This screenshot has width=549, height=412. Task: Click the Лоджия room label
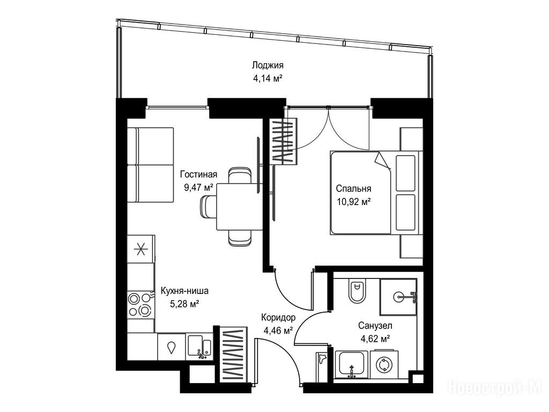tap(268, 65)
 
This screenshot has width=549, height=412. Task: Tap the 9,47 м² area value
tap(198, 187)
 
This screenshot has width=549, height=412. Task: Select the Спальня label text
tap(353, 189)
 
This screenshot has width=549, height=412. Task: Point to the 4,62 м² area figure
tap(375, 339)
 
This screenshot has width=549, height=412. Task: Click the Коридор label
tap(278, 318)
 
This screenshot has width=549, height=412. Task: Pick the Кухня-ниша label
tap(184, 291)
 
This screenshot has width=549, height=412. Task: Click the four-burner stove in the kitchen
tap(140, 305)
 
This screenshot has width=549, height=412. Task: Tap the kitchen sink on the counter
tap(199, 347)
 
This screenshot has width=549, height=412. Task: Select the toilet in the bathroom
tap(358, 291)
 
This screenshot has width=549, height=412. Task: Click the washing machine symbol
tap(384, 364)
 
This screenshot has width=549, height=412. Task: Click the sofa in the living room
tap(150, 165)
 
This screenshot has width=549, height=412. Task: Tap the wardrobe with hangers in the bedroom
tap(285, 141)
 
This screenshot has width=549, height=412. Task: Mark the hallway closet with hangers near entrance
tap(234, 355)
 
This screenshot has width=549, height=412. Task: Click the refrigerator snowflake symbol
tap(141, 250)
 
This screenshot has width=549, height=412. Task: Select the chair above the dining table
tap(239, 176)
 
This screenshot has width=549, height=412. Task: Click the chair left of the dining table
tap(209, 207)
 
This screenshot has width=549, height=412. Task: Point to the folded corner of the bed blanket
tap(382, 162)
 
